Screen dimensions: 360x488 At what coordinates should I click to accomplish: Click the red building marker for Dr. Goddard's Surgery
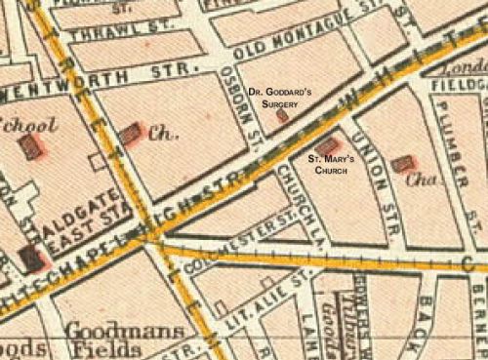(283, 115)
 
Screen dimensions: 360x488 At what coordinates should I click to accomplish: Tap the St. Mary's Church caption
(330, 163)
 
